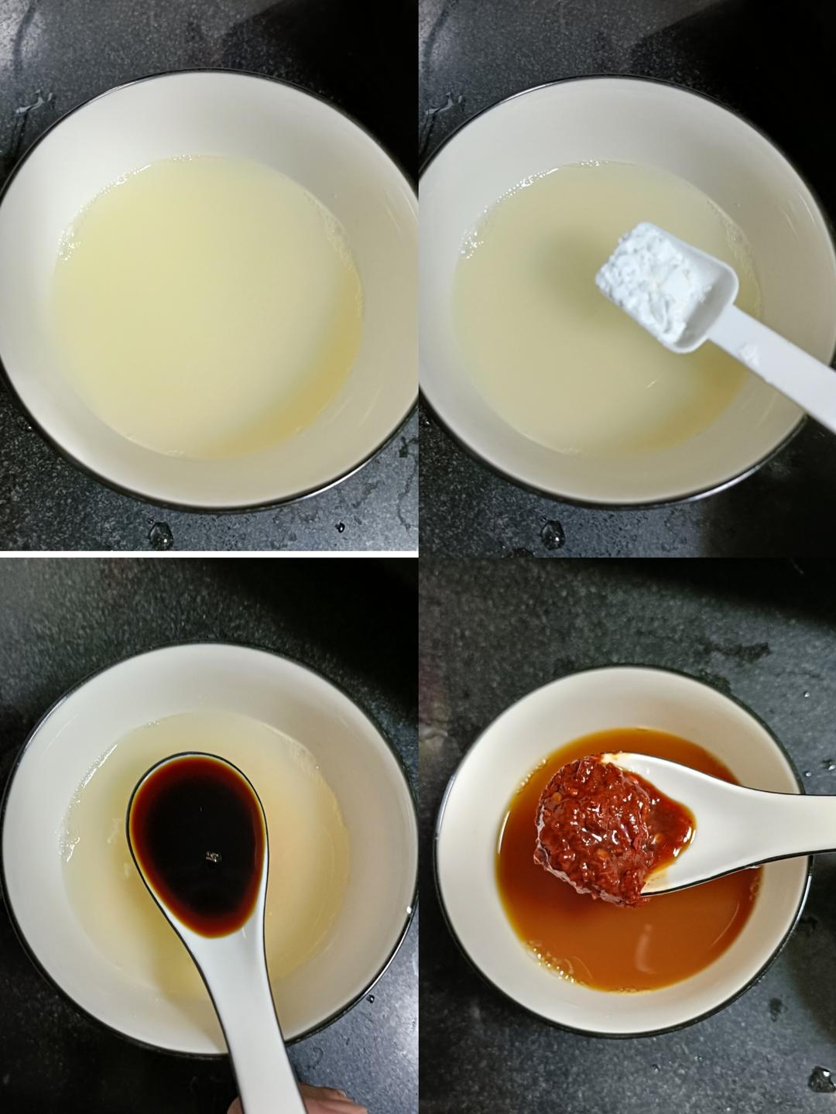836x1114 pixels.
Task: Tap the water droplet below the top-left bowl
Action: [160, 534]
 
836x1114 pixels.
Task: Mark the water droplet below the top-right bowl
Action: [552, 534]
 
